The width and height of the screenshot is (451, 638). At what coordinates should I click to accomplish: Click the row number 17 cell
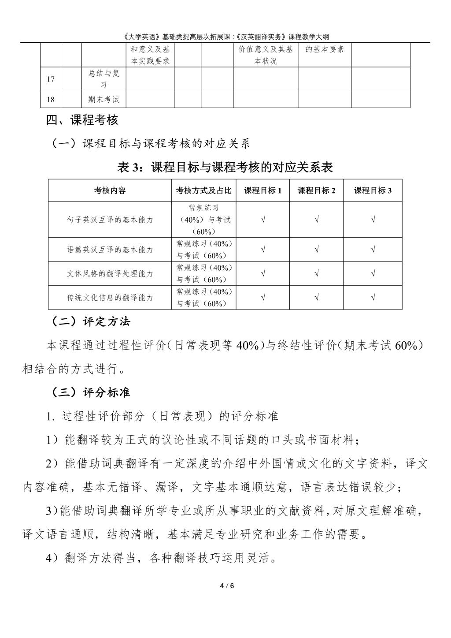[51, 79]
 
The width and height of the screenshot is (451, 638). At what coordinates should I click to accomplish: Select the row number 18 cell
[51, 100]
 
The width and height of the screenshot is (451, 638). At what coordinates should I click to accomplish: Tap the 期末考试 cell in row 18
[104, 100]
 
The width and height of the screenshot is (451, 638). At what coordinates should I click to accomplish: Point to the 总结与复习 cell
[104, 79]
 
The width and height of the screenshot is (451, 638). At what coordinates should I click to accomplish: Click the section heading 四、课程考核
[82, 120]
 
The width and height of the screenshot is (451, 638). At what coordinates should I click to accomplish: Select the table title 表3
[225, 168]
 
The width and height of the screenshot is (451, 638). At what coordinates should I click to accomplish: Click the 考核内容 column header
[110, 190]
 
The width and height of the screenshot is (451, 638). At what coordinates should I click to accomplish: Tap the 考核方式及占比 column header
[203, 190]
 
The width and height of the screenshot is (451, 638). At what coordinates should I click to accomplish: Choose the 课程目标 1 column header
[262, 190]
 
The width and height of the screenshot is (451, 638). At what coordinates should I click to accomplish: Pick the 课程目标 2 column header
[316, 190]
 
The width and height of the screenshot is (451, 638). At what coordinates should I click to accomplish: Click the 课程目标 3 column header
[373, 190]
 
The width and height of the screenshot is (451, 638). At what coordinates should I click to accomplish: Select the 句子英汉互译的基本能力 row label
[110, 220]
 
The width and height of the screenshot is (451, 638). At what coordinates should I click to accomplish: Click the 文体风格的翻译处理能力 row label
[110, 273]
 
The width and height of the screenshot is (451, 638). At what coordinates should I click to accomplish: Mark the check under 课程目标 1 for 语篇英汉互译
[263, 250]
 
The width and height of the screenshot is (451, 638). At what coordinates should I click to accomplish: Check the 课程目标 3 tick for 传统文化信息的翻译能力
[373, 297]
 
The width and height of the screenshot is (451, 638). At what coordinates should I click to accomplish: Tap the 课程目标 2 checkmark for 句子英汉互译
[317, 220]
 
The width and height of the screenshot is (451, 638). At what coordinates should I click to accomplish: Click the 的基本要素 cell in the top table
[325, 49]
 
